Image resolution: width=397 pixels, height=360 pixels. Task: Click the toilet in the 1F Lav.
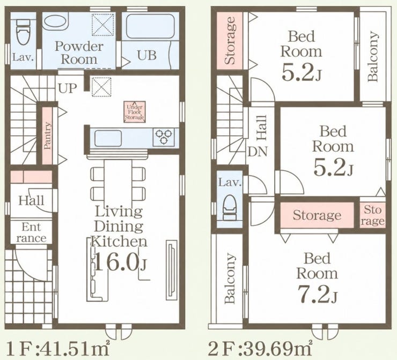point(23,32)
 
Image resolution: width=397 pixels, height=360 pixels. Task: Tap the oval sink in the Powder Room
point(55,21)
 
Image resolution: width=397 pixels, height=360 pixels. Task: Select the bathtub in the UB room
point(150,27)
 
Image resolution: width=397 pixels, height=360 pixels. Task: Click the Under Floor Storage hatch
point(135,112)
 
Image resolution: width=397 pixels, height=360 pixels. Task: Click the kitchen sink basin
point(108,138)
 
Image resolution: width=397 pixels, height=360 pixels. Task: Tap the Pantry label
point(47,136)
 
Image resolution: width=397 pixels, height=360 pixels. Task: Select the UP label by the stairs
point(68,88)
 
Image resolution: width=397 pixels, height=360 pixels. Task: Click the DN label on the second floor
point(258,152)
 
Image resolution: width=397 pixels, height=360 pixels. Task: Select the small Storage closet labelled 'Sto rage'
point(372,215)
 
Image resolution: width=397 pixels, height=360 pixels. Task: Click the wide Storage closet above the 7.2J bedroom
point(317,215)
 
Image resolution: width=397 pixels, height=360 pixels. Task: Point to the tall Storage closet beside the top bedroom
point(230,40)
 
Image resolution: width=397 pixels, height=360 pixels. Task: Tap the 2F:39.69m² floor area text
point(260,348)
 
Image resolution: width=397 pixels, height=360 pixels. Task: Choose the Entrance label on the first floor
point(32,232)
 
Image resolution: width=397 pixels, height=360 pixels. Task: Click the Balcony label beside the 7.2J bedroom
point(230,278)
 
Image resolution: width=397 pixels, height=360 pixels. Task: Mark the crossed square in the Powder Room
point(103,25)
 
